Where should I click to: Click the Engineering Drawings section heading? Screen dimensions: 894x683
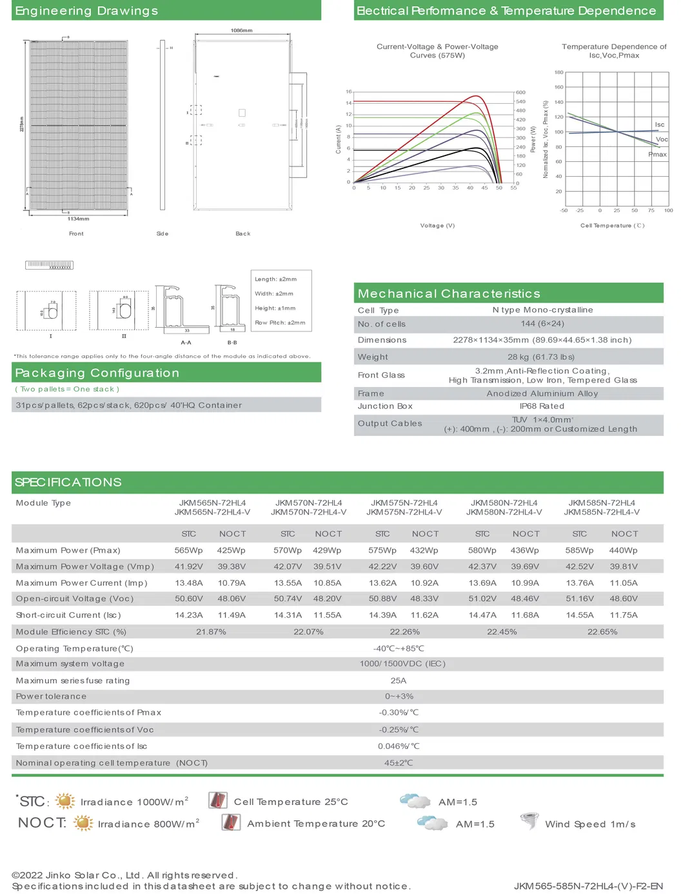coord(86,11)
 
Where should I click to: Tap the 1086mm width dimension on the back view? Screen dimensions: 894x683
coord(241,30)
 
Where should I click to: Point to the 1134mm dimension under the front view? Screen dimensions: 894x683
coord(78,219)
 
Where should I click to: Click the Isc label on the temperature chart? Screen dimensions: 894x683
coord(659,124)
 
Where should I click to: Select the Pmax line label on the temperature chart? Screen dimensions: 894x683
coord(657,154)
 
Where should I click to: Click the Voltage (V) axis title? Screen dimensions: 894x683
coord(437,225)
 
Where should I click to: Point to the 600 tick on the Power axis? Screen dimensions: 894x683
coord(520,92)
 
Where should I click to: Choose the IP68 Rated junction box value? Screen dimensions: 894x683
coord(542,406)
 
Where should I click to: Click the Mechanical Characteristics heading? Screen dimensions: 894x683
coord(449,293)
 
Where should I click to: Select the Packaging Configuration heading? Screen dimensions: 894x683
coord(97,373)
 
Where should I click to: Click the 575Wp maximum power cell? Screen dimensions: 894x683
coord(382,550)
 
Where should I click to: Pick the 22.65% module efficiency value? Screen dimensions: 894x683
coord(602,631)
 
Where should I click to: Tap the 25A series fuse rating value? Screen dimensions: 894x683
coord(398,680)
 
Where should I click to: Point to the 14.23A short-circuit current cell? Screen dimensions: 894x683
coord(188,615)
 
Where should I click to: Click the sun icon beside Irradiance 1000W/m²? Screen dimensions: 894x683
coord(65,801)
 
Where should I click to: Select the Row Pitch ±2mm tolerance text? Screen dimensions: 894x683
coord(280,323)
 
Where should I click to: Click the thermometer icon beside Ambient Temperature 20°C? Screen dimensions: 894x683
coord(230,822)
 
